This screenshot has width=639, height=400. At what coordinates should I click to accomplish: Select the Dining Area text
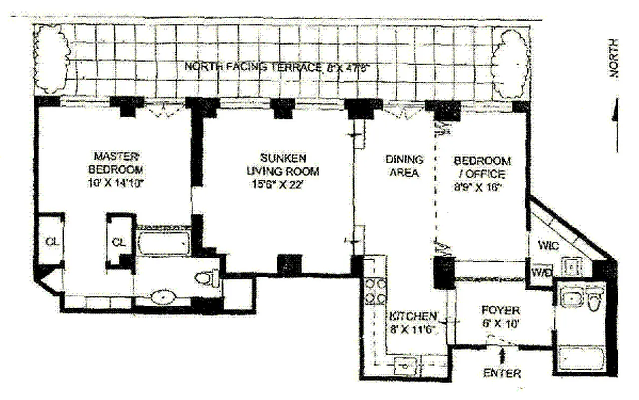[x=404, y=166]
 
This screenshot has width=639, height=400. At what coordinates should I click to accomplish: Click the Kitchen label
[x=413, y=322]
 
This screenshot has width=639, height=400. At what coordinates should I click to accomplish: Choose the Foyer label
[x=501, y=316]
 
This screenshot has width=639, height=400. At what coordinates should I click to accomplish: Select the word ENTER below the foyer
[x=502, y=373]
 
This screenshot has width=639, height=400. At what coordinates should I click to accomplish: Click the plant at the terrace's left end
[x=52, y=58]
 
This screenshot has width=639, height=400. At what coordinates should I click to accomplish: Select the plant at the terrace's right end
[x=510, y=63]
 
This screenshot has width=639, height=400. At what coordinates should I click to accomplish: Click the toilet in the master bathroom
[x=208, y=277]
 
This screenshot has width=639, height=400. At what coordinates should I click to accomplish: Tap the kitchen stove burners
[x=375, y=291]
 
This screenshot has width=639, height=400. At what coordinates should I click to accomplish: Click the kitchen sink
[x=406, y=367]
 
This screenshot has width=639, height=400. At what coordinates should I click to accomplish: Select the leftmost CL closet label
[x=52, y=242]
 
